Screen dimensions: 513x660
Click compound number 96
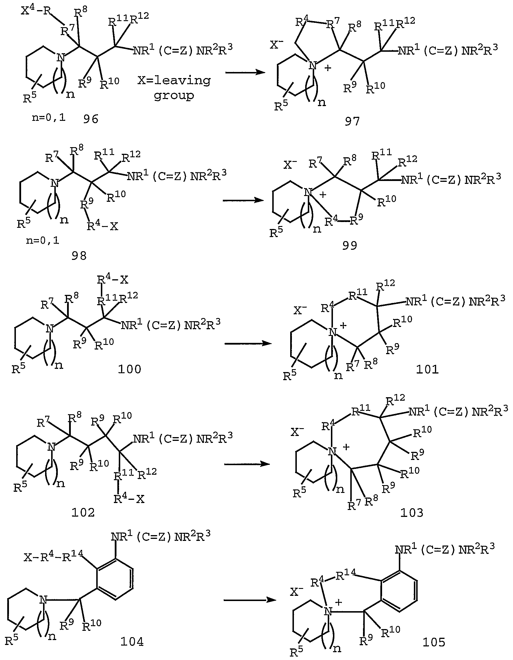pos(91,119)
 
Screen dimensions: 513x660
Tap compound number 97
pos(352,121)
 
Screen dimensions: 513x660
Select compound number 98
pos(79,256)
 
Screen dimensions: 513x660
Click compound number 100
pos(129,369)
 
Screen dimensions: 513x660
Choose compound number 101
pos(427,369)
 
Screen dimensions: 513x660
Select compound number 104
pos(132,641)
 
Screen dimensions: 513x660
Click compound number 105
pos(434,642)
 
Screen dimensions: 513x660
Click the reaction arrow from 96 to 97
pos(245,73)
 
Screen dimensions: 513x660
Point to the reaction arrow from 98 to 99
pos(243,200)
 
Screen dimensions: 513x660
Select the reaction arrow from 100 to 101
pos(248,343)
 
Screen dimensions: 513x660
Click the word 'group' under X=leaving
pos(174,96)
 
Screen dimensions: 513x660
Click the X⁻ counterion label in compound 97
pos(276,45)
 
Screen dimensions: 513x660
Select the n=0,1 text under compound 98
pos(42,241)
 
